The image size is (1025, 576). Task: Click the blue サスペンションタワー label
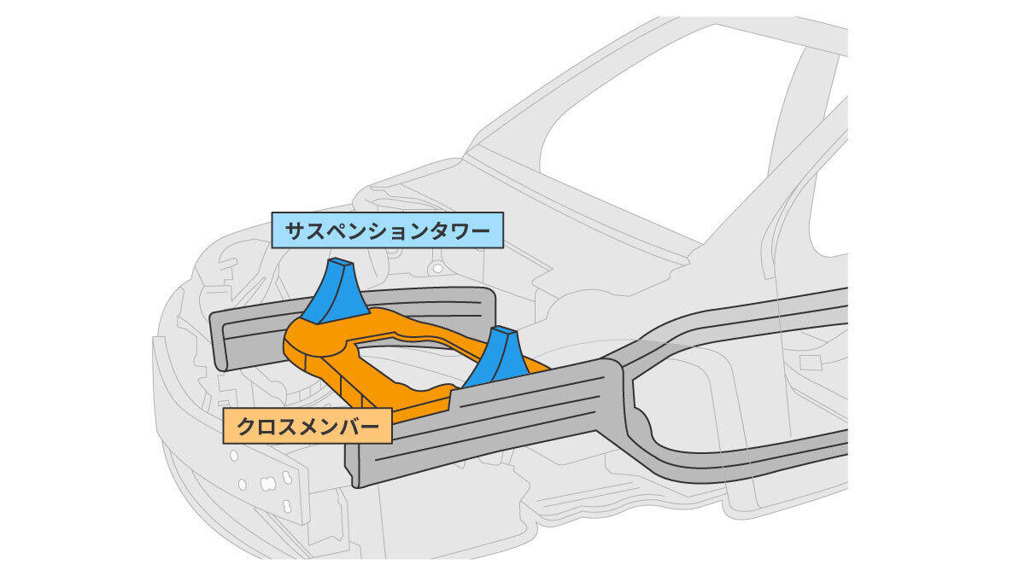point(388,230)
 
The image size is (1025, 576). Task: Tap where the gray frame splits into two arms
point(623,375)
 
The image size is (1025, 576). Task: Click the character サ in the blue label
point(291,230)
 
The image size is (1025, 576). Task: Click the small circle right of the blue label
point(438,269)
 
